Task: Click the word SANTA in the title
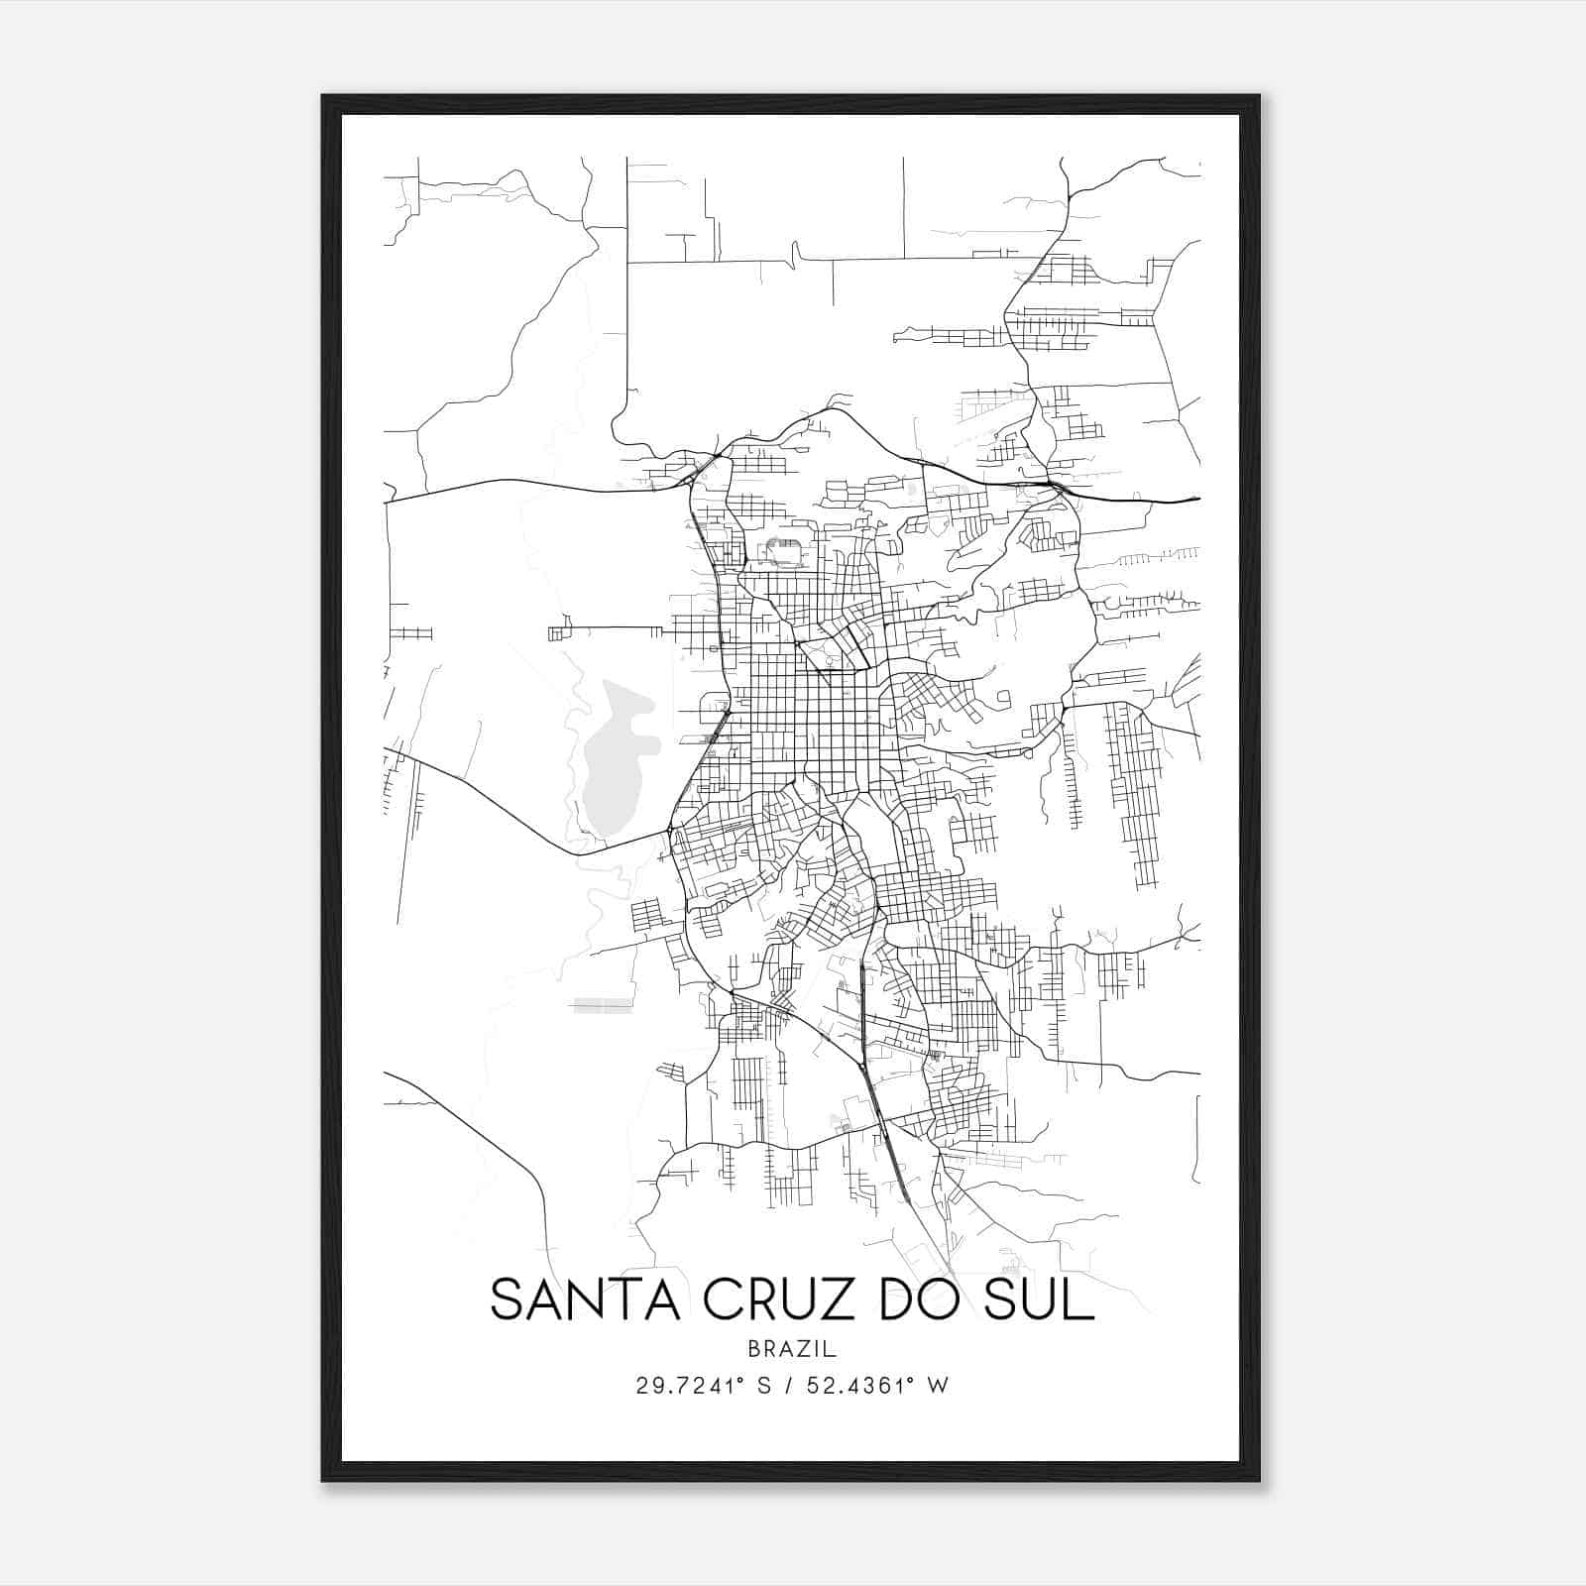click(584, 1301)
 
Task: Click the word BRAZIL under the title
click(792, 1349)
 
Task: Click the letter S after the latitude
click(763, 1386)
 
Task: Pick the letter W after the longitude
click(939, 1386)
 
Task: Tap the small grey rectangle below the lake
click(603, 1006)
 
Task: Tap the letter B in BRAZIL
click(754, 1349)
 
